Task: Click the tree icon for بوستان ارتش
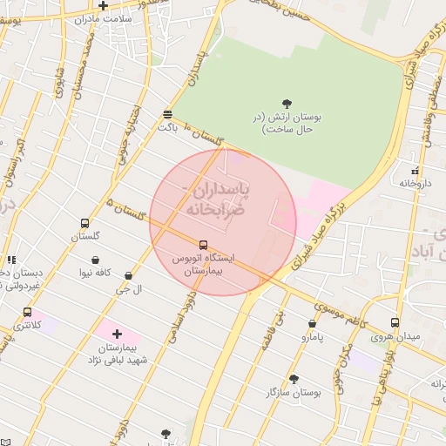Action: [x=288, y=103]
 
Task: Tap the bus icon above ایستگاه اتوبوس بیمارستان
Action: [x=203, y=245]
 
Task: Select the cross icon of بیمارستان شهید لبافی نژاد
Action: [x=118, y=334]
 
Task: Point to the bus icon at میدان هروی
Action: [x=395, y=322]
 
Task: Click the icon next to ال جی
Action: [x=129, y=276]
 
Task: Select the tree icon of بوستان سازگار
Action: [x=294, y=379]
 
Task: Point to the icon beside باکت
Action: [x=167, y=114]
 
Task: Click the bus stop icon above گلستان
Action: [x=84, y=223]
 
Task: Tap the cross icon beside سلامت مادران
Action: [x=103, y=6]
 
